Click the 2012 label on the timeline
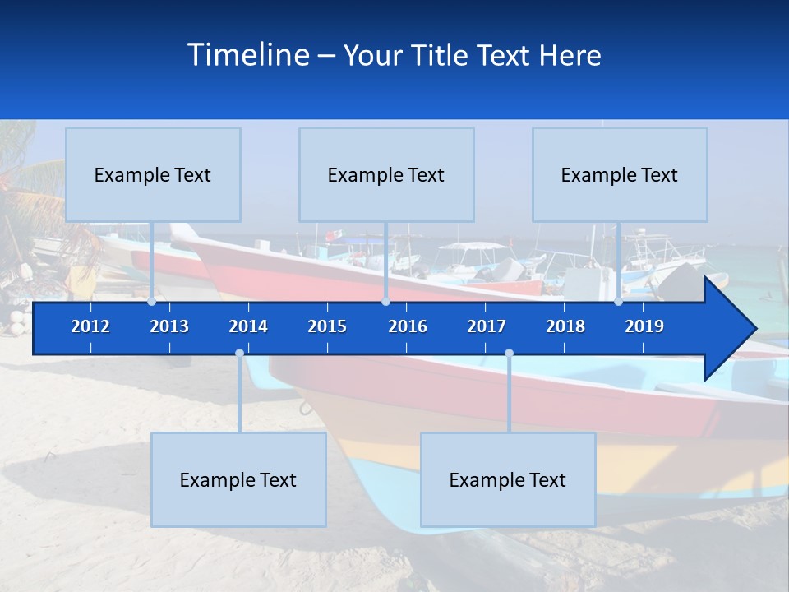coord(90,326)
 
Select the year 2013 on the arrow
coord(169,326)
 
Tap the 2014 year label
coord(248,326)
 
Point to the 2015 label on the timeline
coord(327,326)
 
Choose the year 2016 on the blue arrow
coord(408,326)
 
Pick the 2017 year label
coord(487,326)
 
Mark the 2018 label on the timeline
coord(565,326)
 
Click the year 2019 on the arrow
coord(644,326)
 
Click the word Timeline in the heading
coord(247,55)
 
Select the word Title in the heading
coord(442,56)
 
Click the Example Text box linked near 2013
coord(153,174)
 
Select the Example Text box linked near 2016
coord(386,174)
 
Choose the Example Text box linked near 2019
coord(620,174)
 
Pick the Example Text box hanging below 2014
coord(238,479)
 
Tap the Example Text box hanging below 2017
coord(508,479)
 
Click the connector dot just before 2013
coord(151,302)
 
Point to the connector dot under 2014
coord(239,354)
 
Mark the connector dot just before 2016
coord(385,302)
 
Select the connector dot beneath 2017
coord(509,354)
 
